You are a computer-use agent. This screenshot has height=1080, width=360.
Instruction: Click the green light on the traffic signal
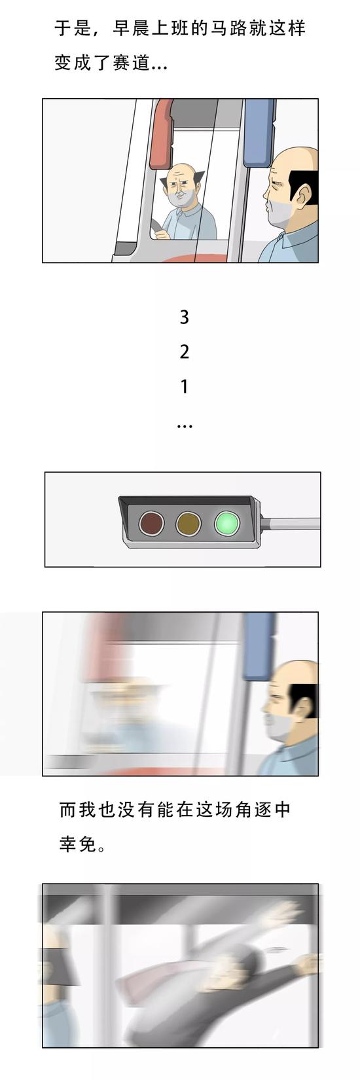point(227,523)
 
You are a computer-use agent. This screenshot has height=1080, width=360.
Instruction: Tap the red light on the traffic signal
point(151,523)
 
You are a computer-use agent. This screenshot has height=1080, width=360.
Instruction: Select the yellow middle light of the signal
point(189,523)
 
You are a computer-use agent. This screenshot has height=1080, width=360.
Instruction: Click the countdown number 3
point(184,317)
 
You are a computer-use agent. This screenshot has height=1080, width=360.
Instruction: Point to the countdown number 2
point(184,352)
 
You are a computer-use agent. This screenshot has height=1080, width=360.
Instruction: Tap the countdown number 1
point(184,387)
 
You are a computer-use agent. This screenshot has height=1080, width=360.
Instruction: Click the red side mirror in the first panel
point(162,134)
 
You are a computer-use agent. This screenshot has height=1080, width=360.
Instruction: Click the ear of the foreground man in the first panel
point(304,195)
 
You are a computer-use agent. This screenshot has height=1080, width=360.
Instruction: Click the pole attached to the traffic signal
point(291,523)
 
